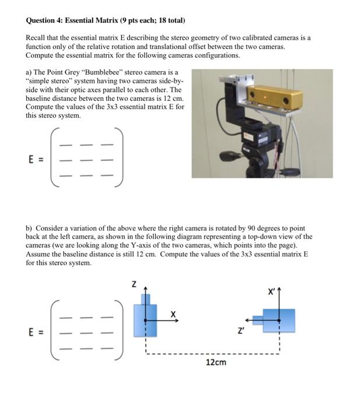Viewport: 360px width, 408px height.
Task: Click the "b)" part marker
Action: click(30, 228)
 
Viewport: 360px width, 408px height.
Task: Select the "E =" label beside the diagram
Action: click(36, 333)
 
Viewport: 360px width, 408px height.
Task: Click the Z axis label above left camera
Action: click(134, 286)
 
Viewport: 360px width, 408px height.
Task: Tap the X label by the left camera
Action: click(173, 315)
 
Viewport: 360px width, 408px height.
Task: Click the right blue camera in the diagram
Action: click(278, 320)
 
